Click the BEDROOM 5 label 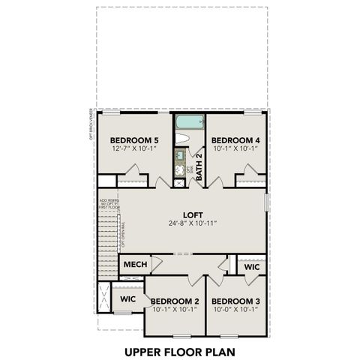click(135, 140)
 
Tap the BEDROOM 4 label click(235, 140)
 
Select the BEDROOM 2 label click(174, 301)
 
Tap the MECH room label click(134, 265)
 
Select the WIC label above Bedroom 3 click(250, 266)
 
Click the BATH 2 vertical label click(199, 160)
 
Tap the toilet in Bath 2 click(182, 137)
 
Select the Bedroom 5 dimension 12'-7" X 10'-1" click(135, 149)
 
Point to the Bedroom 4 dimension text click(235, 149)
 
